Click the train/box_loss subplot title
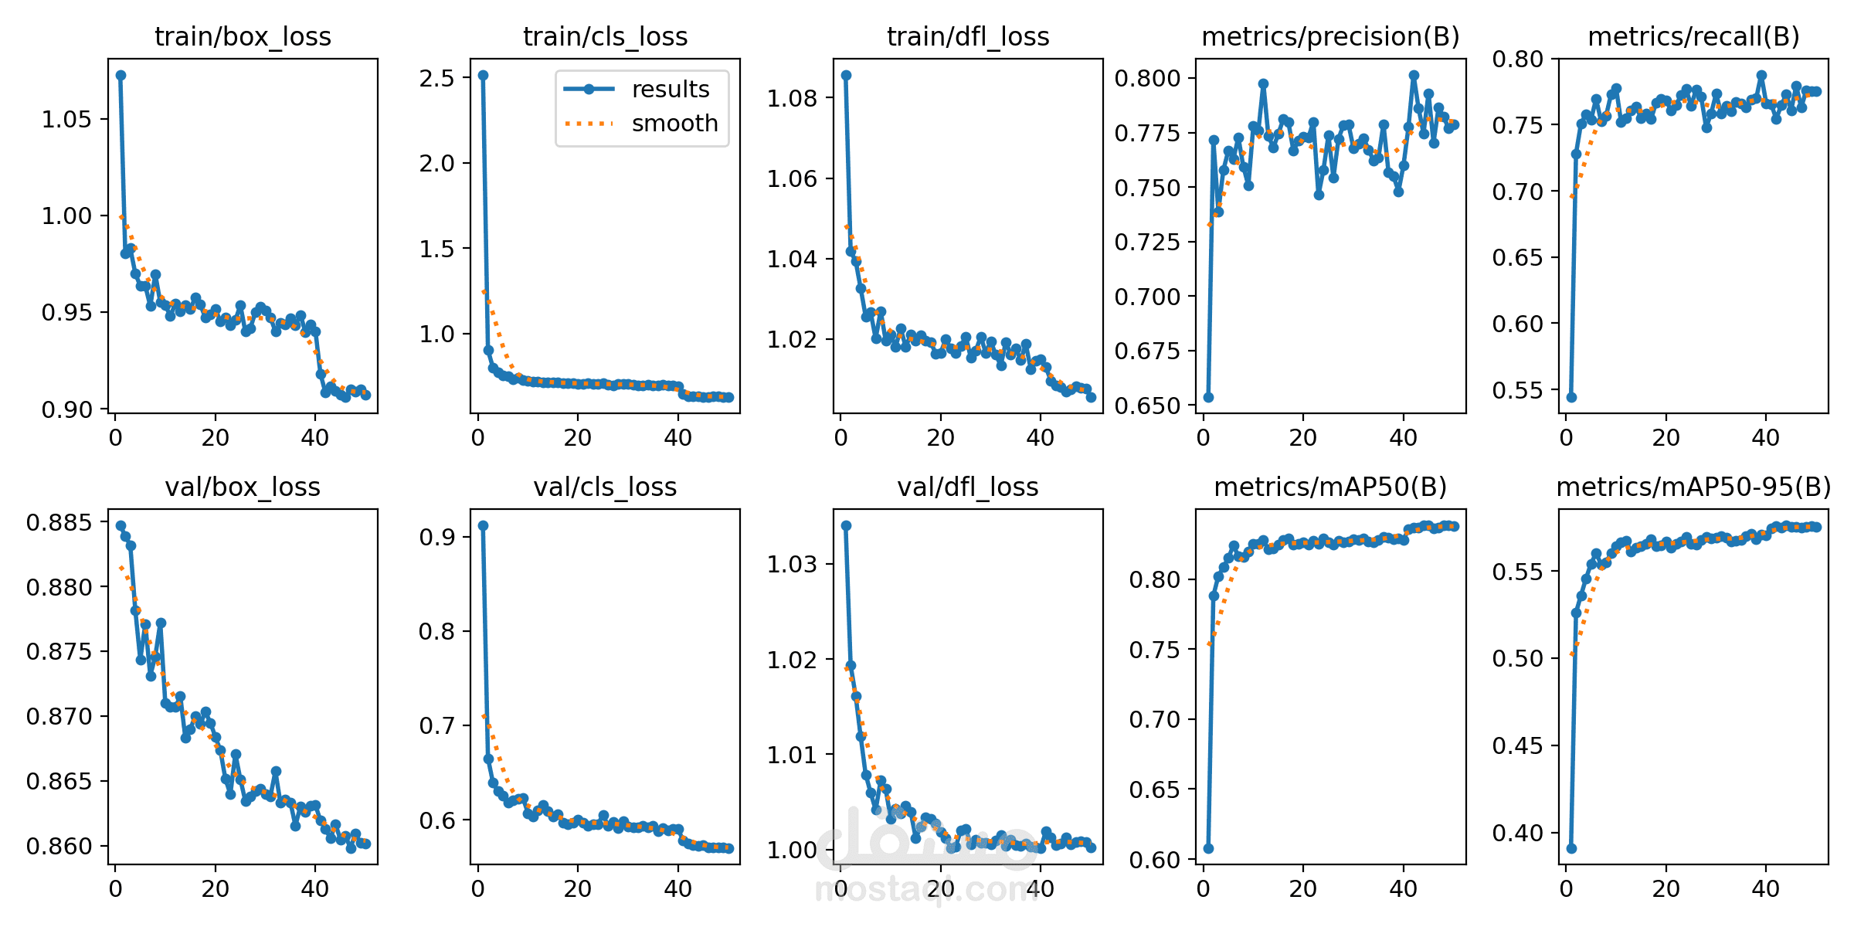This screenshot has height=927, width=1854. [x=243, y=36]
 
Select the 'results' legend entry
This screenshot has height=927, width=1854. [x=670, y=90]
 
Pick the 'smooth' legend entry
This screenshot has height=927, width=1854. [x=674, y=124]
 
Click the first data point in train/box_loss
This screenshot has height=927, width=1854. [x=121, y=75]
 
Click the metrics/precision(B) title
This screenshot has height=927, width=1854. [x=1330, y=36]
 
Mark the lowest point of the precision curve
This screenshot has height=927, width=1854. [x=1208, y=397]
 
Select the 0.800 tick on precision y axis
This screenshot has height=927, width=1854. [x=1148, y=78]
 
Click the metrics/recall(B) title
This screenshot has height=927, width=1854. [x=1693, y=36]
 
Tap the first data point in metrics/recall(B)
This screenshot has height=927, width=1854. [x=1571, y=397]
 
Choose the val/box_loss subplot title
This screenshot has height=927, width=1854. [x=243, y=487]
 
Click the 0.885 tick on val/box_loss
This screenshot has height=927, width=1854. [x=59, y=523]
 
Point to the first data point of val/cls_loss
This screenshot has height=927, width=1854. [x=483, y=525]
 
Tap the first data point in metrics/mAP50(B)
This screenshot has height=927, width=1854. [x=1208, y=848]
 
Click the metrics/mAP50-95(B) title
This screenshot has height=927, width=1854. [x=1693, y=487]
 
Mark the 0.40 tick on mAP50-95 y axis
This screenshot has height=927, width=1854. [x=1518, y=834]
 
